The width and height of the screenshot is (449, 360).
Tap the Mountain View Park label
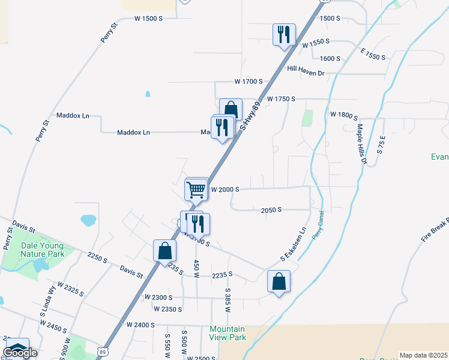228,333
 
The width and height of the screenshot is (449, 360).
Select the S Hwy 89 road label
252,118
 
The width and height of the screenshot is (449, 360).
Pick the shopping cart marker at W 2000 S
196,190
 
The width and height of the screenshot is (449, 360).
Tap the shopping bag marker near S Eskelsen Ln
279,281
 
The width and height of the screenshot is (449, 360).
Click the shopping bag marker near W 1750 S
231,109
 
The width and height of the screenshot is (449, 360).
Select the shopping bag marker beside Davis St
164,251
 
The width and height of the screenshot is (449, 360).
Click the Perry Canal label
318,226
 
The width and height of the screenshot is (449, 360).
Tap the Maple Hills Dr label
361,145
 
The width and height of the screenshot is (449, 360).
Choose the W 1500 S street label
148,19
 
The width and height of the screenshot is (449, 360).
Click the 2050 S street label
271,210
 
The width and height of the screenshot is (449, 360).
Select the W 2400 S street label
141,324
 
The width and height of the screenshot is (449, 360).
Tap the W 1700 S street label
249,81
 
